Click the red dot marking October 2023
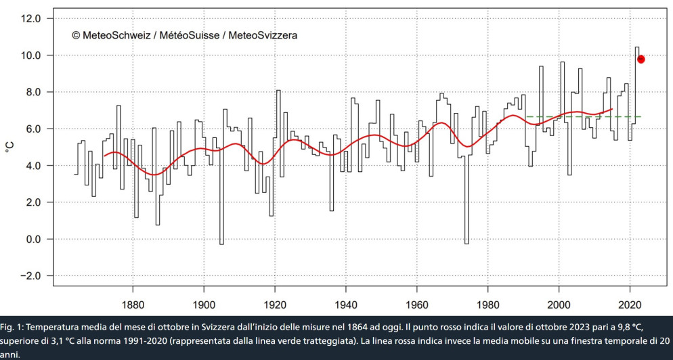tap(641, 59)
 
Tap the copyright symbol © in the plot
tap(76, 35)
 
